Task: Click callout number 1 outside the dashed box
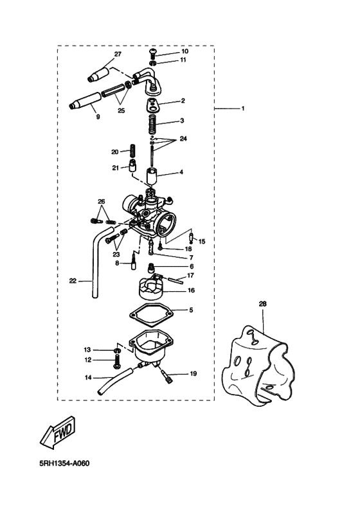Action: pos(243,109)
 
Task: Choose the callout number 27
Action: pos(118,54)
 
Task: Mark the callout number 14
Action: pos(88,377)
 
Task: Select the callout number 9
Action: pos(98,117)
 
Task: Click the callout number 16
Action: pos(191,290)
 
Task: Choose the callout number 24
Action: pos(183,139)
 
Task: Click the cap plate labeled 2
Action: pos(154,102)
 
